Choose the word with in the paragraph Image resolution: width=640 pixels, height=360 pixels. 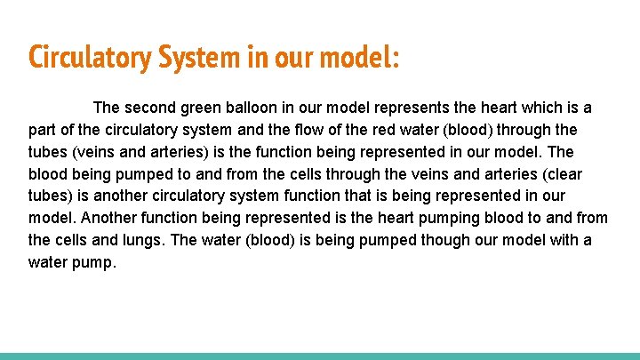click(x=557, y=240)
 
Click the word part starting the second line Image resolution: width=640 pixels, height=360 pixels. click(x=43, y=130)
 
